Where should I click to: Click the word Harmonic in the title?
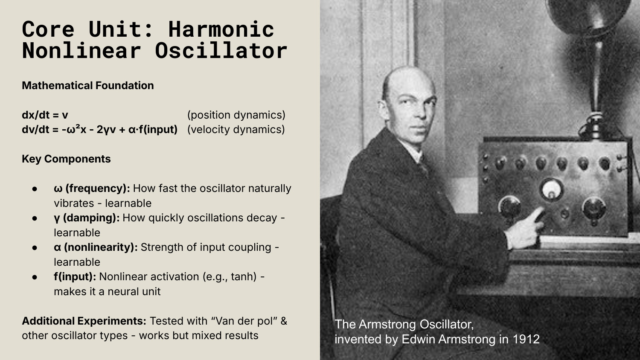221,29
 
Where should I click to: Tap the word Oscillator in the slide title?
221,51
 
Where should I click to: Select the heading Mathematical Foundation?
88,85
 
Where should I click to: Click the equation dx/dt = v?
45,115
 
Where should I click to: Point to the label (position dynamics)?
236,115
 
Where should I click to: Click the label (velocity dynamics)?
236,129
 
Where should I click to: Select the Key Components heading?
66,159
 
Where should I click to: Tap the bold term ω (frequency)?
92,189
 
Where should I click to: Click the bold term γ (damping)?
87,218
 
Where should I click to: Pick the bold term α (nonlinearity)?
96,247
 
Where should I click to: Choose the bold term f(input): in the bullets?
75,277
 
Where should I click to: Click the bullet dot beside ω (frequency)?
35,189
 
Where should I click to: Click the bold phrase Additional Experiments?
84,321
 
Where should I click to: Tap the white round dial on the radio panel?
551,189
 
